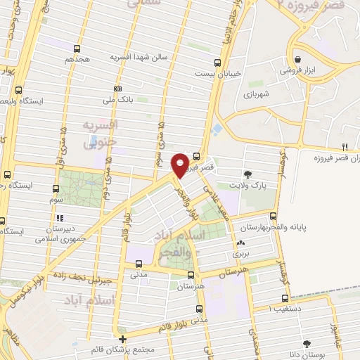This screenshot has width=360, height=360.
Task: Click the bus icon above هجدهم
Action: tap(76, 49)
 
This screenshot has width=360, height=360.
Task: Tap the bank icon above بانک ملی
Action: tap(117, 89)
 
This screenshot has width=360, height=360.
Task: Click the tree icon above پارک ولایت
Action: tap(247, 174)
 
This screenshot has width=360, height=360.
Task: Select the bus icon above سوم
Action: tap(56, 188)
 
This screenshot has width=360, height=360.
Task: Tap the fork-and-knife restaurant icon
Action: tap(345, 147)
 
